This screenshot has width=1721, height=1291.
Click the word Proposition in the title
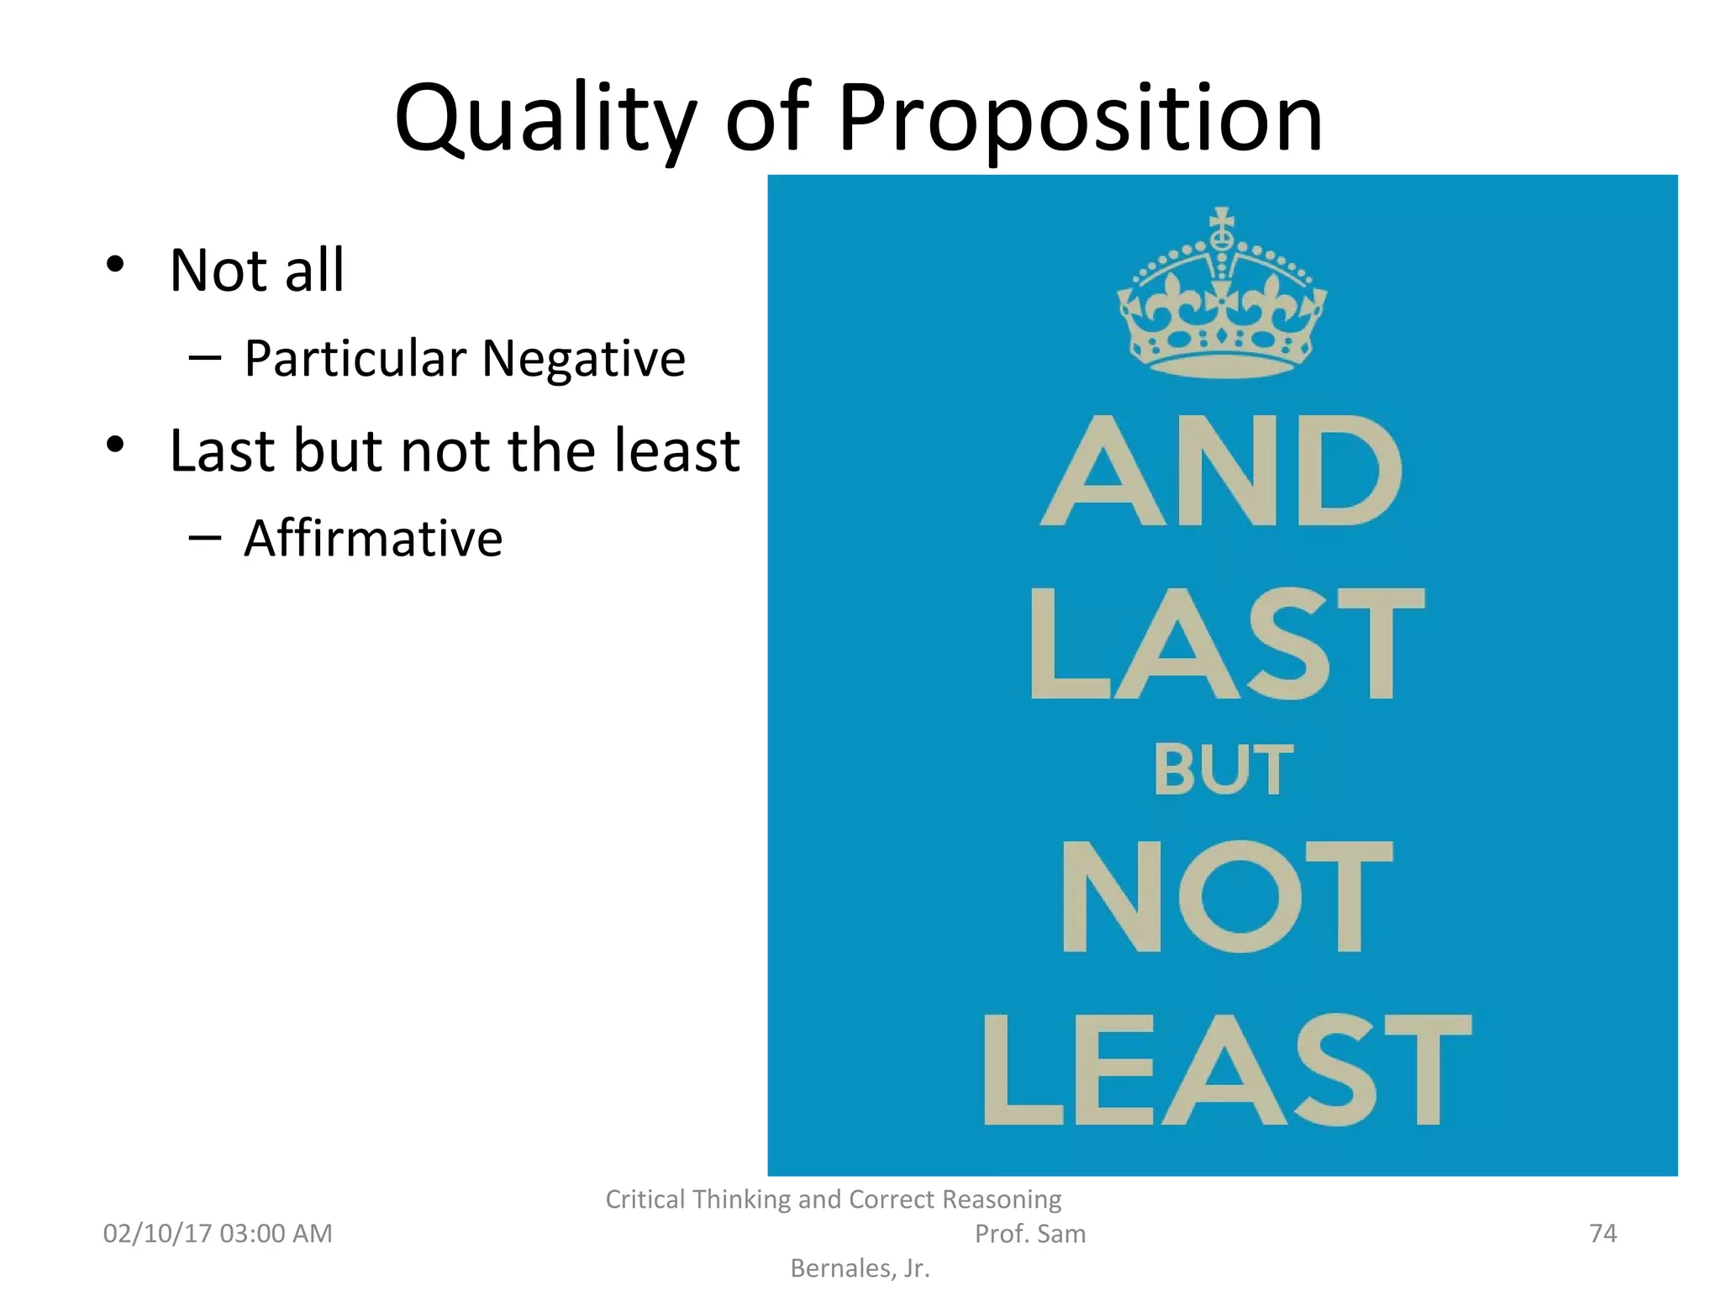point(1080,119)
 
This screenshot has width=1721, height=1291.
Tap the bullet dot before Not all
point(115,265)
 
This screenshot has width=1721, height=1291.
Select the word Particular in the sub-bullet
point(355,359)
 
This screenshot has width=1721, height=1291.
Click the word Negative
point(583,359)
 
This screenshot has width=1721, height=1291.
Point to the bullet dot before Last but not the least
point(115,445)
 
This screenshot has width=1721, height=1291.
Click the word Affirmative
point(373,538)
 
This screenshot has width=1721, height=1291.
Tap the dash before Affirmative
point(204,536)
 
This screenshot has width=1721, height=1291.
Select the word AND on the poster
point(1222,472)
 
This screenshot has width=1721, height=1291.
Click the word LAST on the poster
point(1227,645)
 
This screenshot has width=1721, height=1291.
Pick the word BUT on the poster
point(1223,770)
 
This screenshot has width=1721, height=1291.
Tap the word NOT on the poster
point(1226,897)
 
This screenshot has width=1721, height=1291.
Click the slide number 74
point(1603,1233)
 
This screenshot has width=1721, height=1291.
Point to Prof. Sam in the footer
point(1029,1234)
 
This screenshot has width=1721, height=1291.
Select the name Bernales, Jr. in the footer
point(860,1268)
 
